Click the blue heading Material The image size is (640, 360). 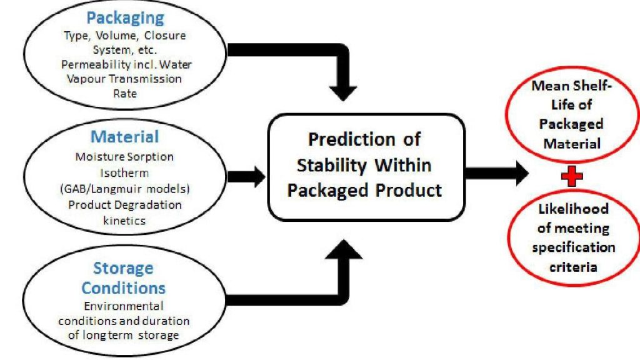tap(125, 136)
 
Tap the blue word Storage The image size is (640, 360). tap(123, 269)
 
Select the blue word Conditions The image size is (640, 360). tap(123, 288)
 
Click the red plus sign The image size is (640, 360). tap(571, 176)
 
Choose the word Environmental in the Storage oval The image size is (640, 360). tap(123, 306)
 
